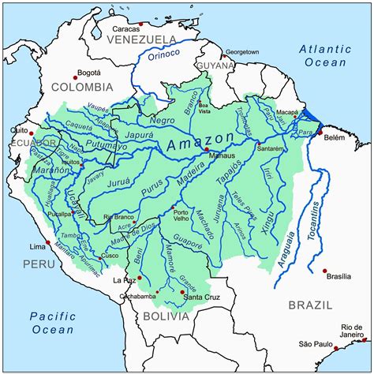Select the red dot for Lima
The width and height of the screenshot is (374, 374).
(x=48, y=242)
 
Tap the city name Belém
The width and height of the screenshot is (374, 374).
(x=335, y=136)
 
